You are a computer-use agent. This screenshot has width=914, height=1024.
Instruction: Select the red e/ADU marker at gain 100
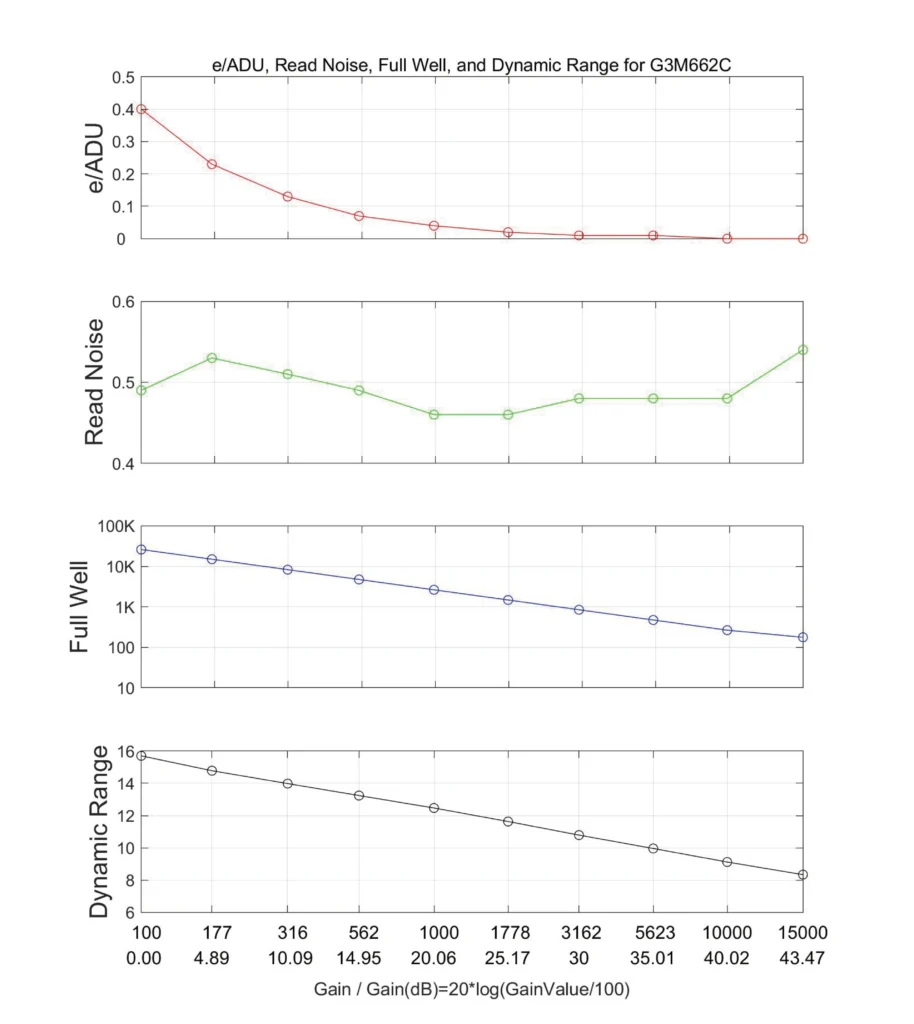pos(141,109)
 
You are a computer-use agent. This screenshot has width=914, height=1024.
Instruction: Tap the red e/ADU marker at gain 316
pos(287,196)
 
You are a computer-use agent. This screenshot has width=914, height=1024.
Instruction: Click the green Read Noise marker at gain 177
pos(213,358)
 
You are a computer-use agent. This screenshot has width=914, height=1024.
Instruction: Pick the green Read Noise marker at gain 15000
pos(803,350)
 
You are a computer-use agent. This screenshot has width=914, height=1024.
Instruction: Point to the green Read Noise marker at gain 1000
pos(434,414)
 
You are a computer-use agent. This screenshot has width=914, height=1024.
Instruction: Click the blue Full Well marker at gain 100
pos(141,550)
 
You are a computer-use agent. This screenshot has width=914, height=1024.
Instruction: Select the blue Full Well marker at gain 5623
pos(653,620)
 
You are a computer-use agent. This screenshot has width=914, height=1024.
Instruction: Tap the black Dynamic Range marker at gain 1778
pos(508,822)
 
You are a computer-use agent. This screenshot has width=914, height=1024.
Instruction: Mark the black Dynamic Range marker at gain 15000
pos(803,875)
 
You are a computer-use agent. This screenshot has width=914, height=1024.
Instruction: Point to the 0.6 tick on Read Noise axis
pos(119,302)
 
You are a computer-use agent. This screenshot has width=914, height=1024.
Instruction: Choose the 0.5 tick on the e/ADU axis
pos(121,77)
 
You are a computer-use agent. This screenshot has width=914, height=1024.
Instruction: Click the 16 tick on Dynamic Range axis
pos(123,752)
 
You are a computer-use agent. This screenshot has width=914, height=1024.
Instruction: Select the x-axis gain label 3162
pos(580,933)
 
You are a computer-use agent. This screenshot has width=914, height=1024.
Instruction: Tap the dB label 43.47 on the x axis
pos(802,958)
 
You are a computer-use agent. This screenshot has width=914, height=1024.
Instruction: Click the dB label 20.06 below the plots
pos(434,958)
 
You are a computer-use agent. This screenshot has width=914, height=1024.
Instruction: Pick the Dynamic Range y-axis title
pos(98,831)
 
